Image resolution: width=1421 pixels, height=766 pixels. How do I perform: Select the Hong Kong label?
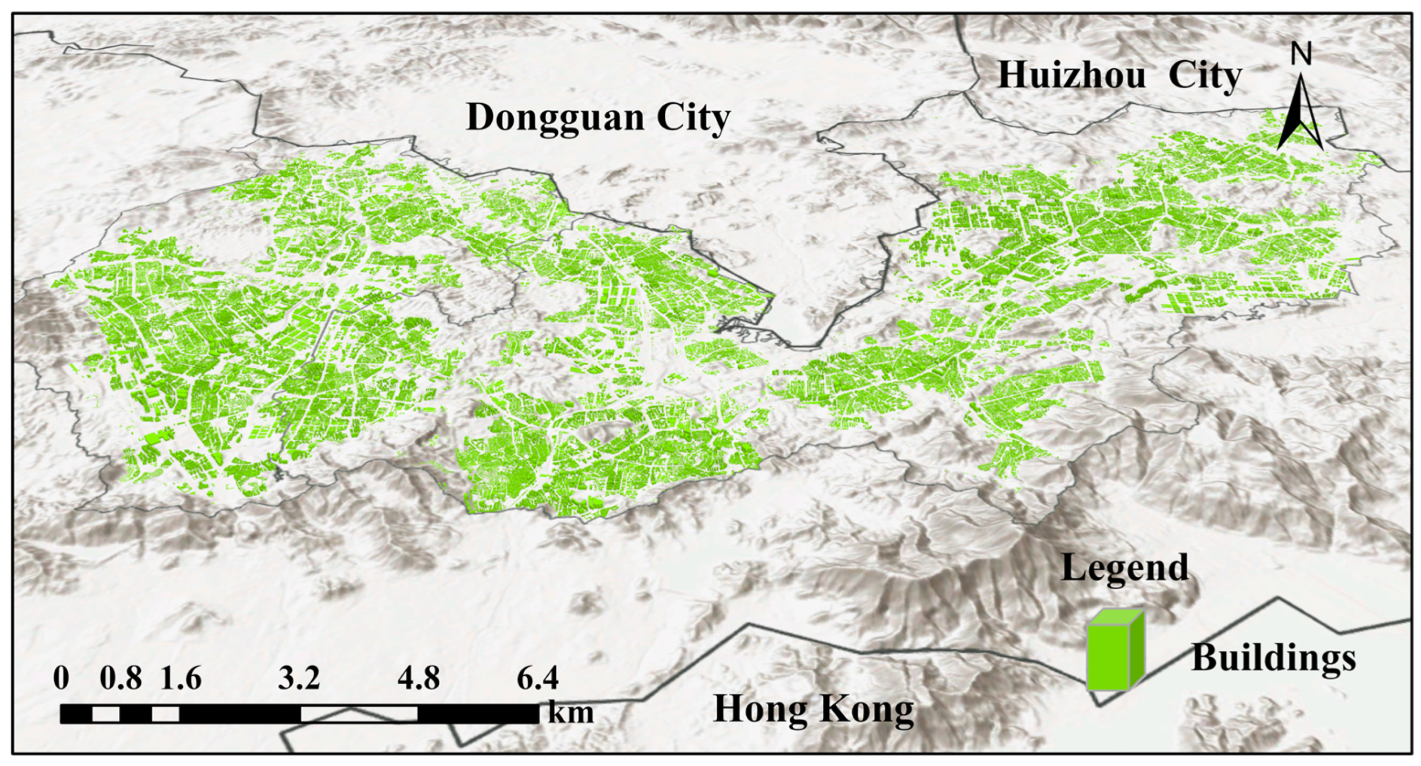pos(813,710)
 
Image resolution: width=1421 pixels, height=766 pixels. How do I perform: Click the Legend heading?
pos(1124,568)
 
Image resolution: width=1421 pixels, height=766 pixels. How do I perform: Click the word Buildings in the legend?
pos(1273,658)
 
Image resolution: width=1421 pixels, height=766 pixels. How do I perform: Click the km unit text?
pos(571,713)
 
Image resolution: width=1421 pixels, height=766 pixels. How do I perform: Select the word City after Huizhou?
pos(1205,76)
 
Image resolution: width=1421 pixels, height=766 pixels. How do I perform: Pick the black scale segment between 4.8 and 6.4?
pos(478,713)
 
